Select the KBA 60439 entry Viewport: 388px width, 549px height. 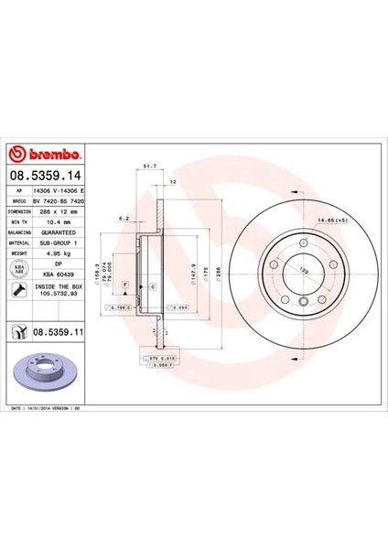click(58, 275)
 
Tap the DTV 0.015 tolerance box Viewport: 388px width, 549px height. click(157, 358)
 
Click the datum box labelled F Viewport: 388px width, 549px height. click(122, 285)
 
